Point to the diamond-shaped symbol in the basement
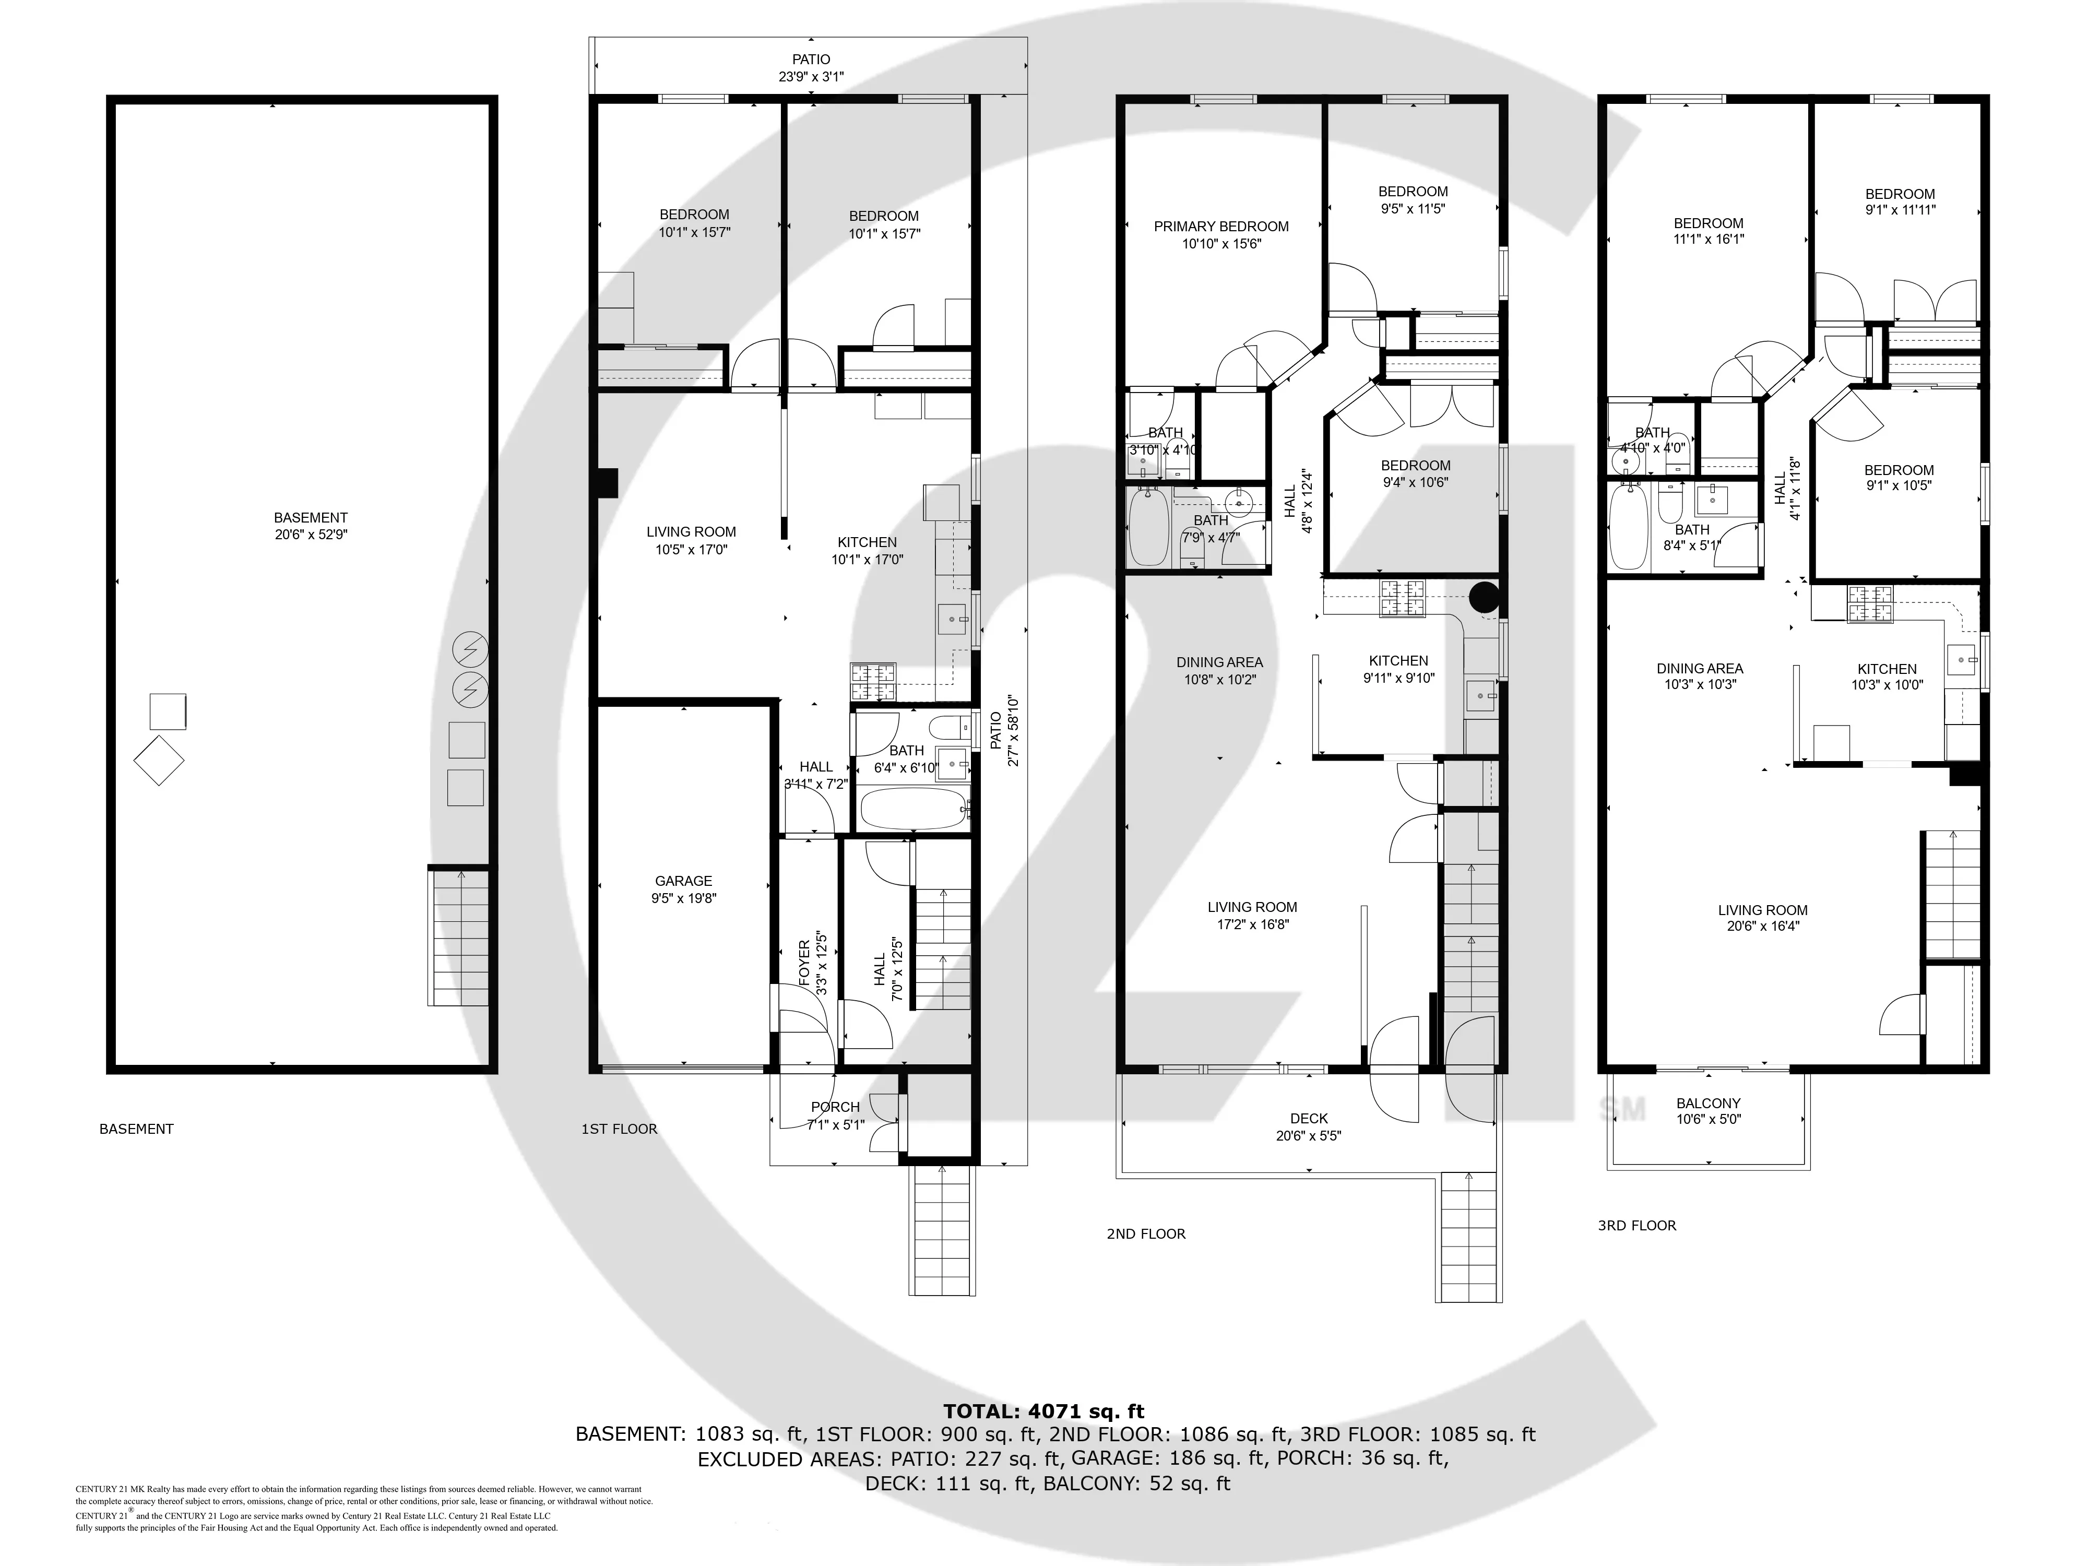(x=159, y=760)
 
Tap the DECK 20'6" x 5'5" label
(x=1308, y=1127)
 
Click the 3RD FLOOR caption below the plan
(x=1637, y=1225)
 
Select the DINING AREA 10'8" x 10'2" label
(x=1219, y=670)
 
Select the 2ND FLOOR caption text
(x=1146, y=1233)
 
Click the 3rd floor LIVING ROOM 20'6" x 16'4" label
(x=1762, y=918)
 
